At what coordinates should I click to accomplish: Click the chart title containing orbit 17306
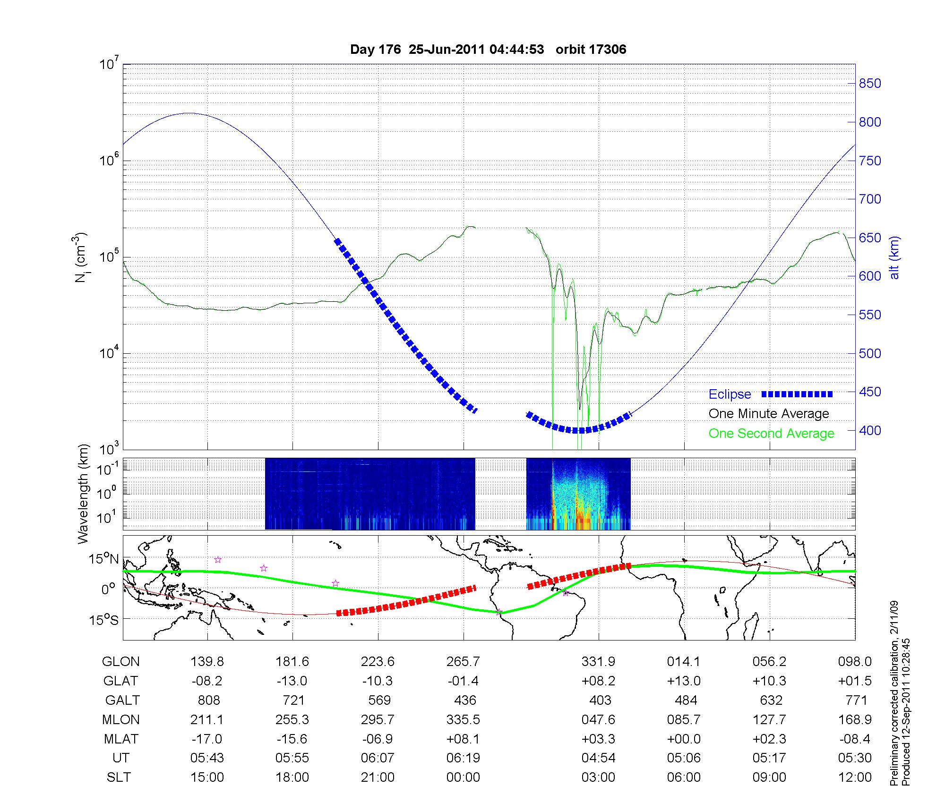point(488,50)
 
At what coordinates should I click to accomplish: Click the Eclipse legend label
point(730,394)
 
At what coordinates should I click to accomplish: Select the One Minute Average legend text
point(769,414)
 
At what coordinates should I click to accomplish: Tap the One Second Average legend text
point(771,434)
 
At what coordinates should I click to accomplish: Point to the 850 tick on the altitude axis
point(870,84)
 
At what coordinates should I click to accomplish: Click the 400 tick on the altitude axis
point(870,430)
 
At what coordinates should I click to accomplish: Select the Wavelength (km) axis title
point(84,494)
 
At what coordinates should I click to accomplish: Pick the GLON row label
point(120,662)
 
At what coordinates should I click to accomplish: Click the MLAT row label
point(120,739)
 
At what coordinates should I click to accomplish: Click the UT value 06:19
point(463,758)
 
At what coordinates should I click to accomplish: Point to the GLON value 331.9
point(598,662)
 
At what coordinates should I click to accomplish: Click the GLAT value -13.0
point(292,681)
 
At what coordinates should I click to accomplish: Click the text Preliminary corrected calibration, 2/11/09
point(894,694)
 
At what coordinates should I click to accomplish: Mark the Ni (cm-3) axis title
point(81,257)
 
